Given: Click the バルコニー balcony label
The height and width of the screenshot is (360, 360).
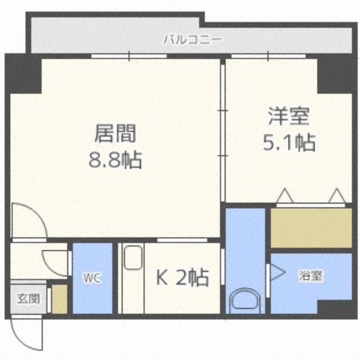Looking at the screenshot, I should [192, 40].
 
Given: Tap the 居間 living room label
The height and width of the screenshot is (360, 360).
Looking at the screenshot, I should [115, 133].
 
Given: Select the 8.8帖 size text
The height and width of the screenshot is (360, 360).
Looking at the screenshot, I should [115, 159].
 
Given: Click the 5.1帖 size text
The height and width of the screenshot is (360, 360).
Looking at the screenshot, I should [288, 143].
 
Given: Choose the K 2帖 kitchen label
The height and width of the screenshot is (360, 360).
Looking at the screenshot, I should [182, 278].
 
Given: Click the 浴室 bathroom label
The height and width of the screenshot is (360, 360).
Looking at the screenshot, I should [310, 276].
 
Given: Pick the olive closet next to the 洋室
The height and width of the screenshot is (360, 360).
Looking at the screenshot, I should [311, 227].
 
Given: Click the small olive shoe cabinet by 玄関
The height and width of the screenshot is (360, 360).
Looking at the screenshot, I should [59, 298].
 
